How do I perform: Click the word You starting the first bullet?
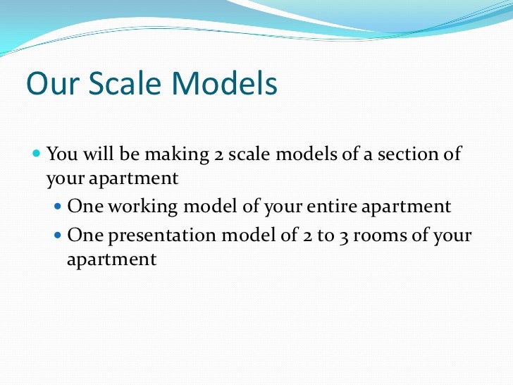click(x=61, y=154)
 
